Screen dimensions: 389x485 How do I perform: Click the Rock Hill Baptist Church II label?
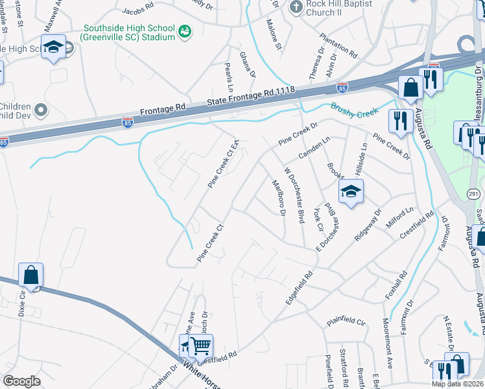click(340, 8)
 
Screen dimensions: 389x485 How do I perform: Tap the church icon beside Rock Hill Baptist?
click(296, 7)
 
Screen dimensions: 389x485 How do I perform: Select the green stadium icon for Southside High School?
click(185, 31)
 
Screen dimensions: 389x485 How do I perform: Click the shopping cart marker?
click(200, 346)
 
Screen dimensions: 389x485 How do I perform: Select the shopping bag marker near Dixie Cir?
click(30, 275)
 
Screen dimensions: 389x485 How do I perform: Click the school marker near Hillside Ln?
click(351, 191)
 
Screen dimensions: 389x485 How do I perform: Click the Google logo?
click(21, 381)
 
